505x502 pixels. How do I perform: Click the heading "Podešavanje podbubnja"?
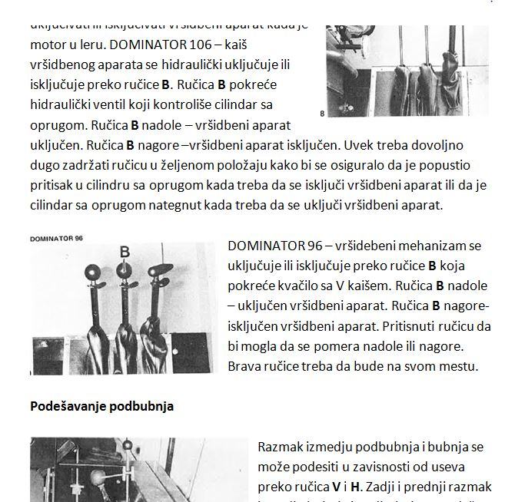click(101, 406)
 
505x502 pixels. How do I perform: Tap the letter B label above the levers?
click(125, 252)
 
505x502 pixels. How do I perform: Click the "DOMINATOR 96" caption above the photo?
click(56, 239)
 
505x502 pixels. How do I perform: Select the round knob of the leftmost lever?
click(92, 272)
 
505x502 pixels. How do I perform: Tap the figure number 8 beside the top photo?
click(322, 113)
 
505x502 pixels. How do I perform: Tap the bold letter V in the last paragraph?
click(336, 486)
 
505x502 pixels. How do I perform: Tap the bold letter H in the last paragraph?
click(355, 486)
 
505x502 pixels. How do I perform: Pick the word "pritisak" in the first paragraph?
click(55, 185)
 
